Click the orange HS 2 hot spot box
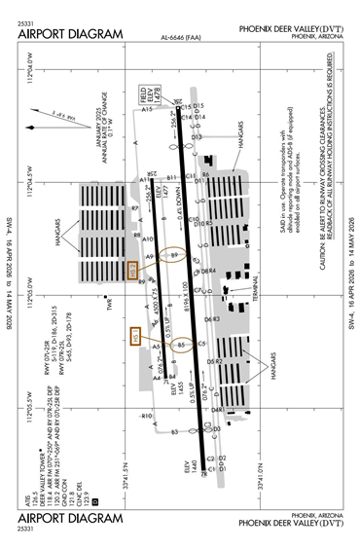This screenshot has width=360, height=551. [134, 270]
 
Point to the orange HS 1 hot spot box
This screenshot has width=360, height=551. [136, 337]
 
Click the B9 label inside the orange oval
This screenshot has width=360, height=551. [175, 255]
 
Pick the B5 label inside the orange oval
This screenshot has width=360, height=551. [180, 344]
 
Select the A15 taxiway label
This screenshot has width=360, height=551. [147, 110]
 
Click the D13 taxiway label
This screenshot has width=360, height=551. [196, 137]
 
